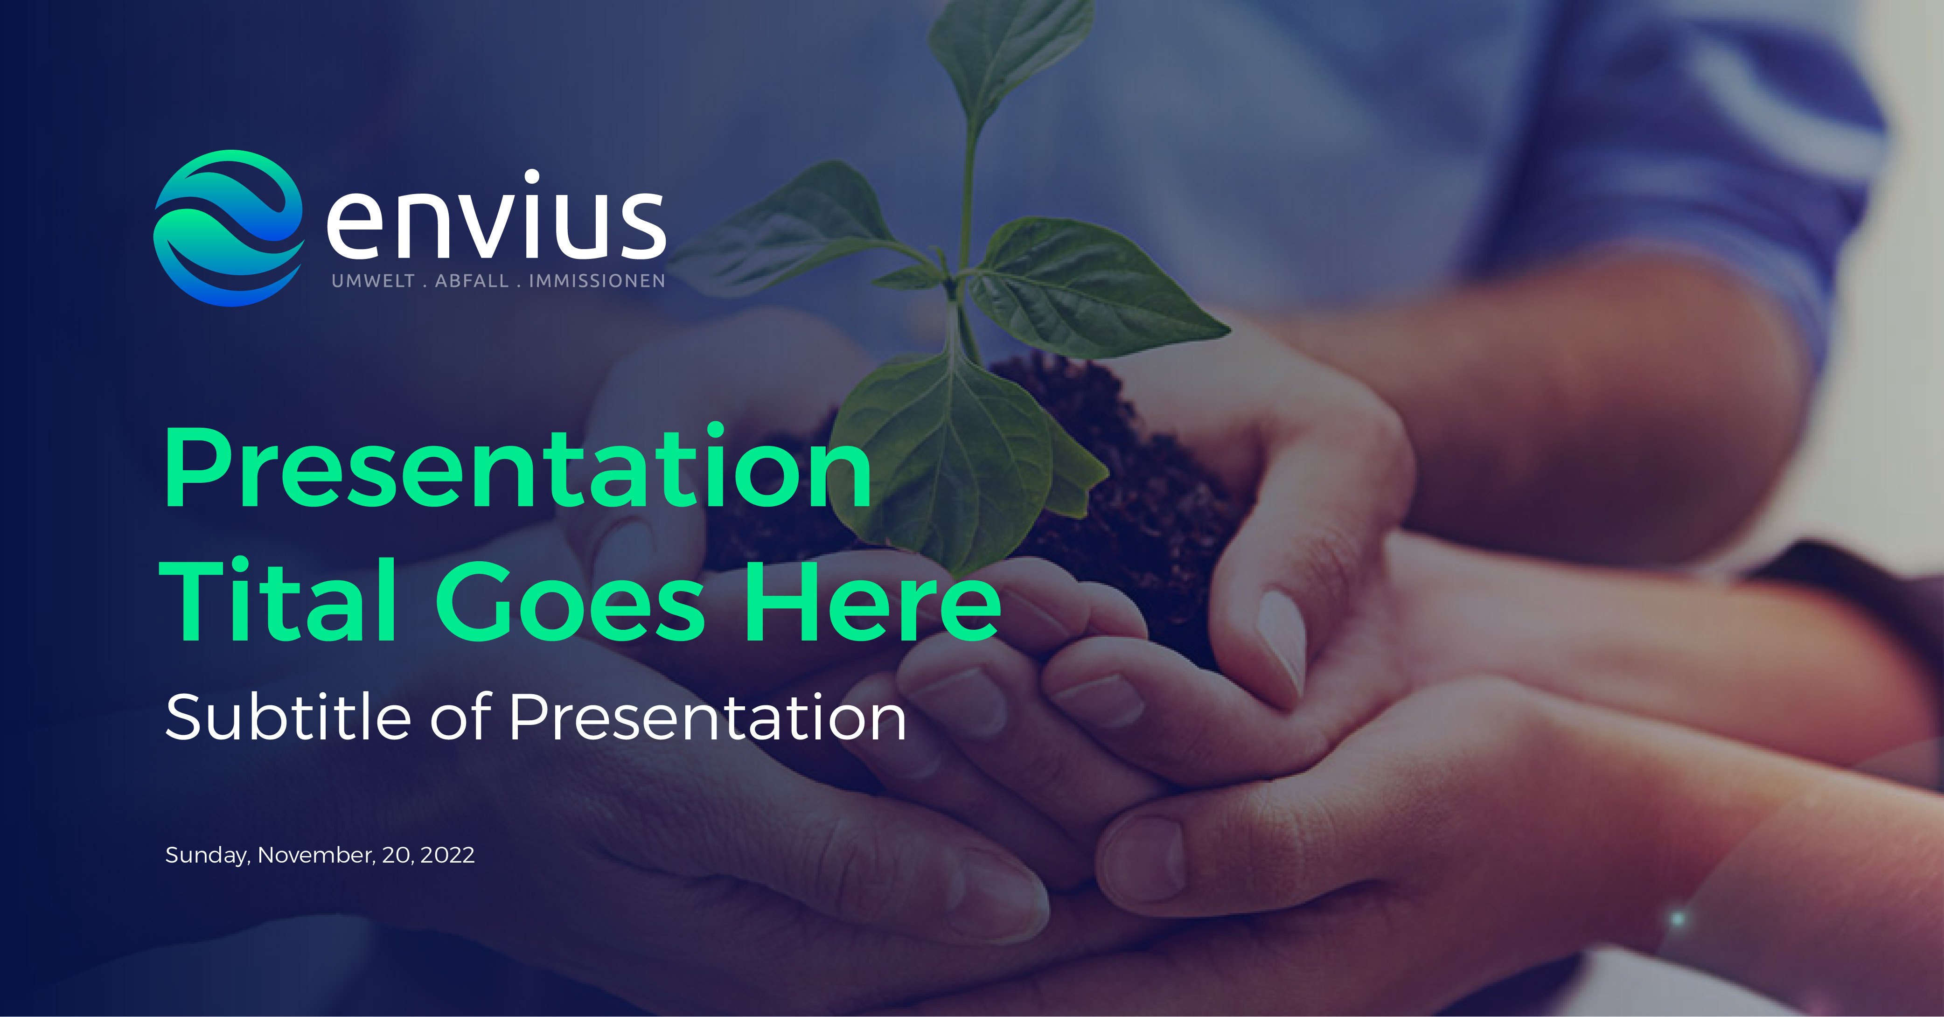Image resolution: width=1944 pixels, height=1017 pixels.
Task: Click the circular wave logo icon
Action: [229, 228]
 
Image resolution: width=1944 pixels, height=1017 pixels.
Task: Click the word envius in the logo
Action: [496, 219]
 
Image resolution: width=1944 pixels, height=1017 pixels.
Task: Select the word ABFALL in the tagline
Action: [472, 281]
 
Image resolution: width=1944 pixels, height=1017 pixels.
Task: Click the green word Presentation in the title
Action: [518, 468]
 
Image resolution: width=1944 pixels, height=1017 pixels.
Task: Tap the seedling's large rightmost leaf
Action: [1094, 287]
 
